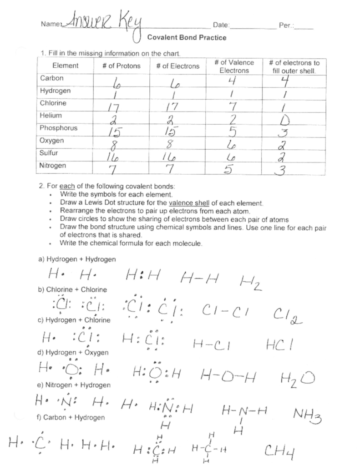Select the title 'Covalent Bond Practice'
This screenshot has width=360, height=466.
coord(187,38)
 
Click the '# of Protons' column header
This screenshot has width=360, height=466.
coord(122,66)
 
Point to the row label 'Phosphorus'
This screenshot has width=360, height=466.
coord(59,128)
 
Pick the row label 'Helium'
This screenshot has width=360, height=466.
coord(51,116)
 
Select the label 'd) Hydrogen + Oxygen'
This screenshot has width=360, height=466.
coord(74,352)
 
